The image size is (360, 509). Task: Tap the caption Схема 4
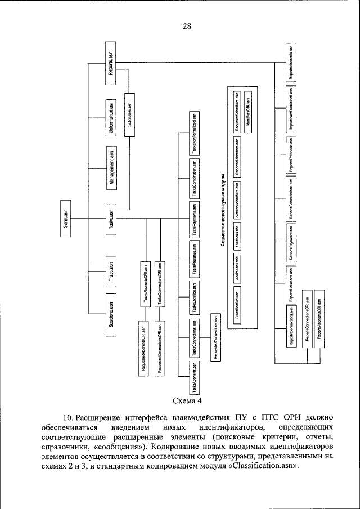[187, 401]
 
